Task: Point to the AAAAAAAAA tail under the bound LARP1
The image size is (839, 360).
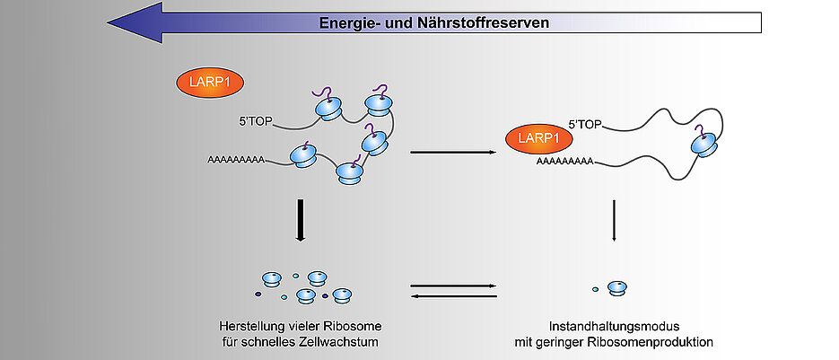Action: (564, 162)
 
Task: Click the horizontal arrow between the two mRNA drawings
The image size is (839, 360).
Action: (452, 152)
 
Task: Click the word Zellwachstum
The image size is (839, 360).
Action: (329, 341)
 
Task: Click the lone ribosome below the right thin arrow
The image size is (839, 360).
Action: (616, 287)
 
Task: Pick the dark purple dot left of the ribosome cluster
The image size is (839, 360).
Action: (258, 293)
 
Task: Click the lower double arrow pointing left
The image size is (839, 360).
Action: (452, 294)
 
